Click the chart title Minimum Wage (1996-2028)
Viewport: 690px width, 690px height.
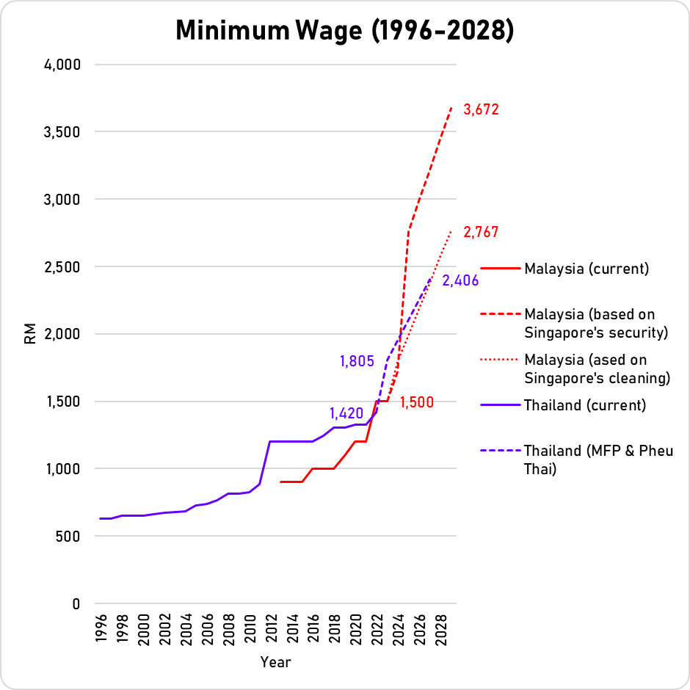[344, 32]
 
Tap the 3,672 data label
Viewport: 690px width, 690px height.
[481, 110]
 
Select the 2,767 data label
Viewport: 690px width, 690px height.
[481, 233]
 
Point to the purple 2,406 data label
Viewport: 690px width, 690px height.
[460, 280]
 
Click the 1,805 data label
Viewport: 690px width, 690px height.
[357, 361]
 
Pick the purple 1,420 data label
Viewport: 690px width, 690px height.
[346, 413]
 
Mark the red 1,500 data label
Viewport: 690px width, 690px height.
[416, 402]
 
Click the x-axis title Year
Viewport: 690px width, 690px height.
[275, 662]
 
